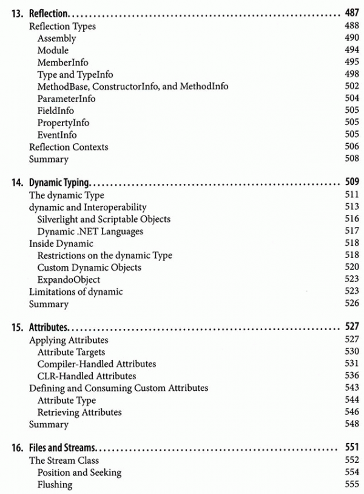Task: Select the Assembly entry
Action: coord(56,38)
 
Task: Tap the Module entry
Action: coord(53,50)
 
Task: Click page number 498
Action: coord(352,75)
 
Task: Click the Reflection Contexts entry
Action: coord(69,147)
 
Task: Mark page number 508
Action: coord(352,159)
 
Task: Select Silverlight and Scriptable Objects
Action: coord(104,219)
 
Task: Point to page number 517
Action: coord(352,231)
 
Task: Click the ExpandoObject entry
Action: coord(69,280)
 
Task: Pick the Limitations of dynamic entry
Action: coord(76,292)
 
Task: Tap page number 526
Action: coord(352,303)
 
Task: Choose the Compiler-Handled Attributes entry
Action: coord(96,364)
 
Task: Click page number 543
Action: coord(352,388)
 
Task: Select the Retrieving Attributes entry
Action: coord(79,412)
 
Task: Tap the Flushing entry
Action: coord(55,485)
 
